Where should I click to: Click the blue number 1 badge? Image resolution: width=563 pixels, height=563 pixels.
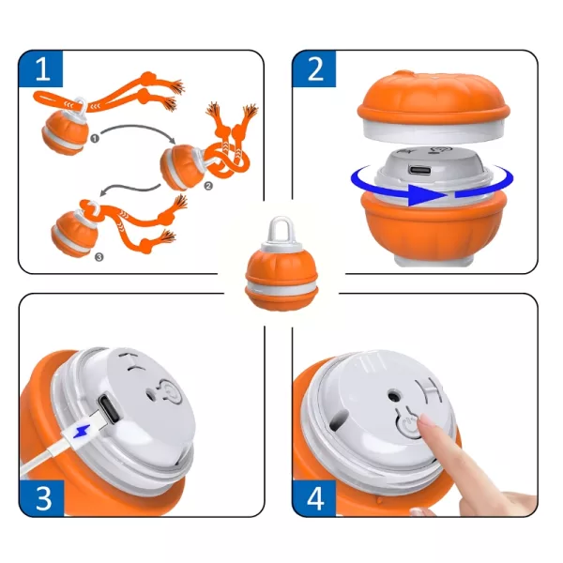pyautogui.click(x=41, y=68)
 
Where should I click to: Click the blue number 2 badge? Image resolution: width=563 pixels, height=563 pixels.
pyautogui.click(x=314, y=68)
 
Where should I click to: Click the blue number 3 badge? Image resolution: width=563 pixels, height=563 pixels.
pyautogui.click(x=41, y=498)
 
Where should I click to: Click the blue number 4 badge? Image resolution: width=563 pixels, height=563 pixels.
pyautogui.click(x=314, y=498)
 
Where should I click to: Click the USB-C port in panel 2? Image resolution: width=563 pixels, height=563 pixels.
pyautogui.click(x=418, y=170)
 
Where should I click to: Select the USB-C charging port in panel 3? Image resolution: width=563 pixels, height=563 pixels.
pyautogui.click(x=109, y=409)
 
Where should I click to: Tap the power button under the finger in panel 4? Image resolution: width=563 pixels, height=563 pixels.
pyautogui.click(x=408, y=425)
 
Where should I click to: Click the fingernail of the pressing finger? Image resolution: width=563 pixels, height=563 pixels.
pyautogui.click(x=425, y=420)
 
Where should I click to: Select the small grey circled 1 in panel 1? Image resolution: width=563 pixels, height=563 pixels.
pyautogui.click(x=95, y=138)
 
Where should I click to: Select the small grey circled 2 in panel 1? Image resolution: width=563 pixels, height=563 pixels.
pyautogui.click(x=208, y=186)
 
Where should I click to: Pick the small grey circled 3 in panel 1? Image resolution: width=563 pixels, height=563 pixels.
pyautogui.click(x=99, y=257)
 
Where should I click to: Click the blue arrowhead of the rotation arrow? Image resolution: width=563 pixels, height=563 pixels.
pyautogui.click(x=427, y=196)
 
